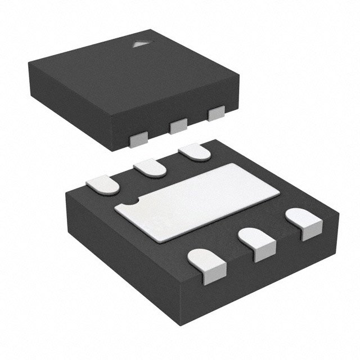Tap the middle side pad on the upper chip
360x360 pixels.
[178, 125]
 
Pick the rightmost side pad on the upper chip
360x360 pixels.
[215, 114]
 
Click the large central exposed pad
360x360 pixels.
[197, 200]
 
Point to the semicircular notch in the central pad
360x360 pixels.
[130, 201]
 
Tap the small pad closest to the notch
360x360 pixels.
[103, 184]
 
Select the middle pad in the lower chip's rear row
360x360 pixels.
[150, 167]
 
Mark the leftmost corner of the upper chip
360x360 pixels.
[28, 66]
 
